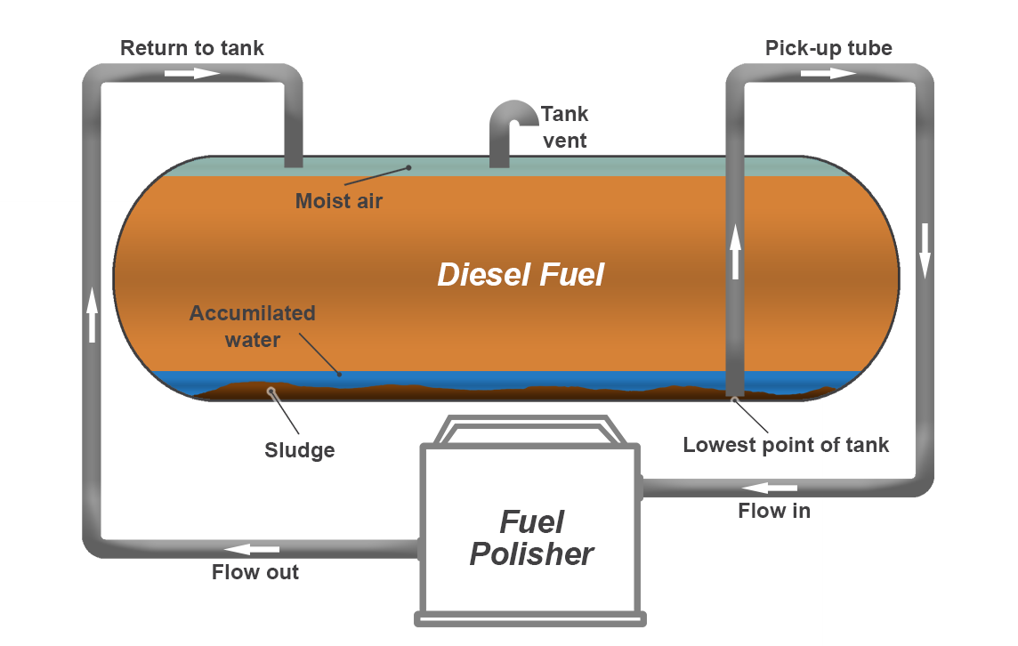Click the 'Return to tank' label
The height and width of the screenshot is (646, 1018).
coord(192,48)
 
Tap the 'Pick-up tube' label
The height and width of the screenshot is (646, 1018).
coord(828,48)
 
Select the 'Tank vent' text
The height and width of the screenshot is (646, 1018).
coord(565,127)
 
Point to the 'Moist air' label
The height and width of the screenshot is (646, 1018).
coord(339,201)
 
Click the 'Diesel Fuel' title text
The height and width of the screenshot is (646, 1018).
coord(521,275)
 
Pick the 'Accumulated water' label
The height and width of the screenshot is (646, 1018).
coord(253,327)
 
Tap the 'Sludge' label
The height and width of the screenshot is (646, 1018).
coord(300,450)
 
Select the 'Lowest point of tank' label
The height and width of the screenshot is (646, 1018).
coord(786,445)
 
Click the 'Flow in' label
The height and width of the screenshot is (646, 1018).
coord(774,511)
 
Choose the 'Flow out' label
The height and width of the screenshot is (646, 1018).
coord(255,572)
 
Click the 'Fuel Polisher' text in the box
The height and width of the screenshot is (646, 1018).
coord(532,538)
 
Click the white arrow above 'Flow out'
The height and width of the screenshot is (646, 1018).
coord(252,549)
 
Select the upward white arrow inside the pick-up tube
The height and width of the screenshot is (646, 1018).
coord(735,252)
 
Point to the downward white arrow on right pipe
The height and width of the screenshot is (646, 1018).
coord(925,250)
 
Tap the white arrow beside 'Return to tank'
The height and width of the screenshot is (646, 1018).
coord(192,73)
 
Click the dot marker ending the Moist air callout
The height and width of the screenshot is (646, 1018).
coord(408,167)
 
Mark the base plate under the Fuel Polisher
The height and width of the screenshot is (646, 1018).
coord(530,617)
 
